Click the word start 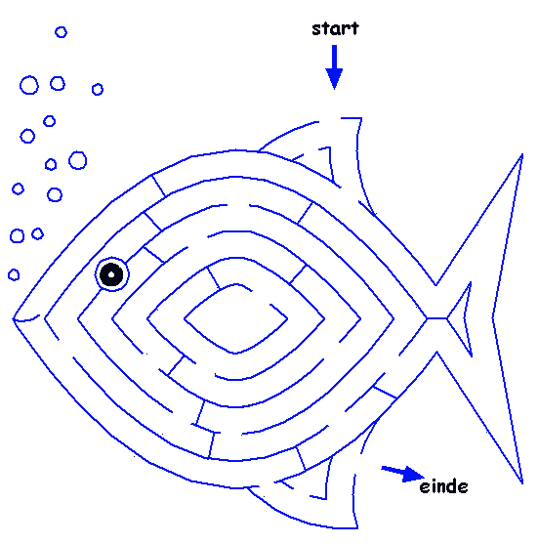click(335, 28)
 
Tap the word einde click(443, 486)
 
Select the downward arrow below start click(334, 67)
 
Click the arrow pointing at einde click(402, 474)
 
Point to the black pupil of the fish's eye click(111, 274)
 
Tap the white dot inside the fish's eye click(111, 274)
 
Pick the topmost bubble click(62, 32)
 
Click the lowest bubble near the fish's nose click(14, 274)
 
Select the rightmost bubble click(98, 89)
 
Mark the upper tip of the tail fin click(522, 154)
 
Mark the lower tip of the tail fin click(522, 483)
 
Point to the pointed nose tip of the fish click(13, 318)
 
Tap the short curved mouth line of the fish click(26, 319)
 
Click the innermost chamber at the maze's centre click(236, 318)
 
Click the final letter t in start click(354, 28)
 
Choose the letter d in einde click(453, 486)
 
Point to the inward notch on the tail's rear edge click(493, 317)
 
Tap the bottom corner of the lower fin click(357, 528)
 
